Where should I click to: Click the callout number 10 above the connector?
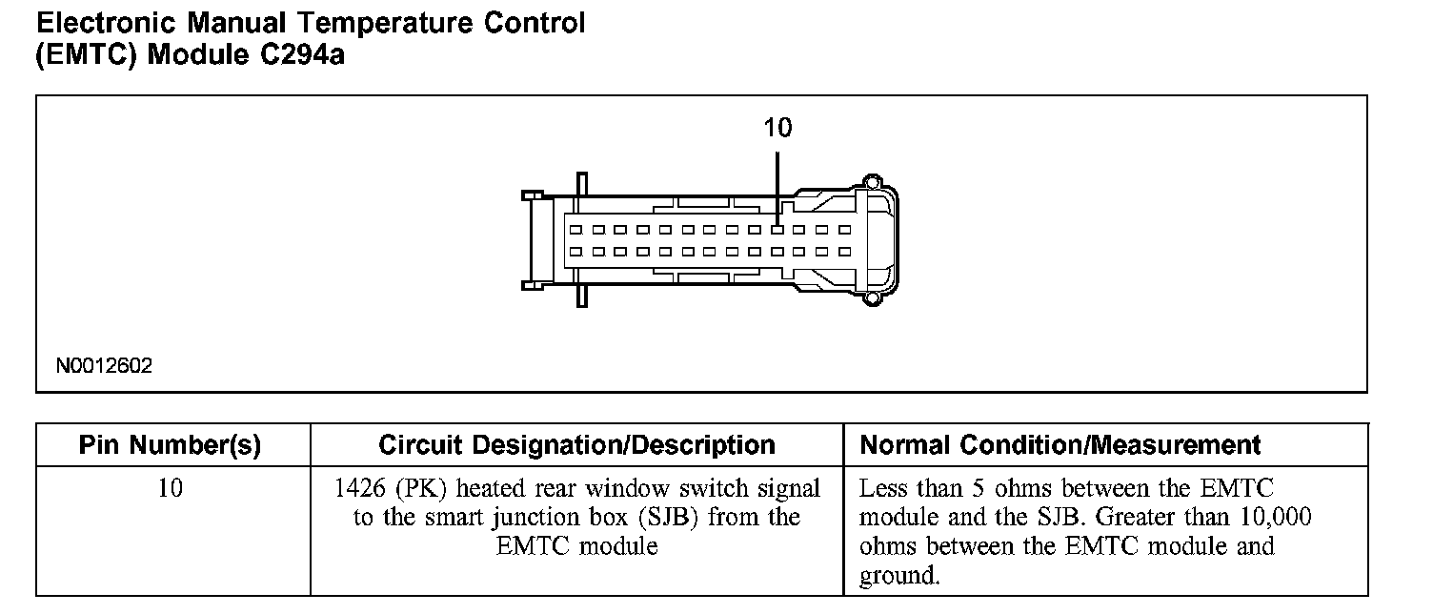[777, 128]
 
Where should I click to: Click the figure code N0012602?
[104, 366]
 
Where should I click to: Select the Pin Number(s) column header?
[170, 445]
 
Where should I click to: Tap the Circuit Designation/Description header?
[576, 445]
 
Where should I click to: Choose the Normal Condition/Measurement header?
[1060, 445]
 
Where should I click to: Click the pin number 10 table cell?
[170, 489]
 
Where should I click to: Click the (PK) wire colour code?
[415, 489]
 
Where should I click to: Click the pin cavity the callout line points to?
[778, 230]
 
